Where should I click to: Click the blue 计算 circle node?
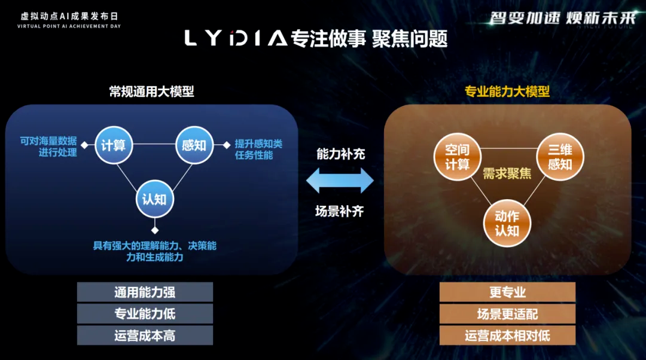click(x=114, y=145)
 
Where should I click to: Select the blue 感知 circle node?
click(x=194, y=145)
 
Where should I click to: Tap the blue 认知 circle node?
click(x=154, y=198)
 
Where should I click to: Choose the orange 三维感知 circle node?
click(x=560, y=157)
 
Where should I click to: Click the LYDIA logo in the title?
click(x=235, y=38)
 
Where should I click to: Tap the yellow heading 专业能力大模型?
click(x=507, y=91)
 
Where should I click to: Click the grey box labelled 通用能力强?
click(x=145, y=292)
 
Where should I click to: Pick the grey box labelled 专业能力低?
click(x=145, y=314)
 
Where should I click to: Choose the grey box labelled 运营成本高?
click(x=145, y=335)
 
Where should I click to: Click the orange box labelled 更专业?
click(x=507, y=292)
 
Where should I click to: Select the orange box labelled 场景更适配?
click(x=507, y=314)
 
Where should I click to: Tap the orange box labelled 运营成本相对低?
click(x=507, y=335)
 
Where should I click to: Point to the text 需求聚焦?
click(x=507, y=174)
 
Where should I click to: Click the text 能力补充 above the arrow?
click(x=340, y=154)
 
